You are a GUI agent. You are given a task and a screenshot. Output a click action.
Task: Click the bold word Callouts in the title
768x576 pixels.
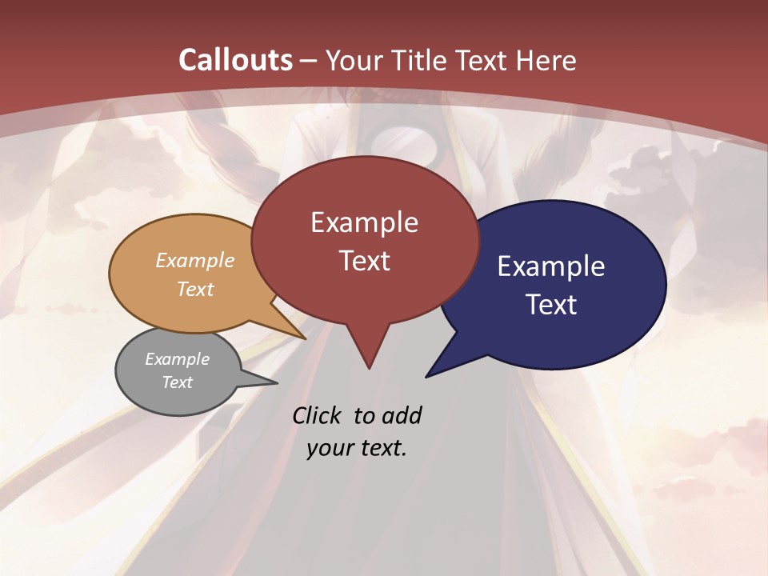pyautogui.click(x=235, y=60)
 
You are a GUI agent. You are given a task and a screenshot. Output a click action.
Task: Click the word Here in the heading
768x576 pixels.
pyautogui.click(x=546, y=60)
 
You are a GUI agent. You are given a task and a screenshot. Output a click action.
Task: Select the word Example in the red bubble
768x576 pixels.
pyautogui.click(x=364, y=222)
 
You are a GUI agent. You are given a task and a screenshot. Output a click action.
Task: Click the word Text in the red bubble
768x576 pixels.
pyautogui.click(x=364, y=261)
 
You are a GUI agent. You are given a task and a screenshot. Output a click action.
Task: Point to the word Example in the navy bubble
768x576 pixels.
pyautogui.click(x=551, y=266)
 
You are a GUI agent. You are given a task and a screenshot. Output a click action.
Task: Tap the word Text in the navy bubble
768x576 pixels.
pyautogui.click(x=551, y=305)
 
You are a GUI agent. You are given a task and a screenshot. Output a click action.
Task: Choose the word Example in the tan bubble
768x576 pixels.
pyautogui.click(x=195, y=261)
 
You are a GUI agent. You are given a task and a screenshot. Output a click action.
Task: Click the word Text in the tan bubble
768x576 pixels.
pyautogui.click(x=195, y=289)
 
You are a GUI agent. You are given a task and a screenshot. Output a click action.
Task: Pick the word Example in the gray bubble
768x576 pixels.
pyautogui.click(x=178, y=359)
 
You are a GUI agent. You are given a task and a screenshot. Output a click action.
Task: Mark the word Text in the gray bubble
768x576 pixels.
pyautogui.click(x=178, y=382)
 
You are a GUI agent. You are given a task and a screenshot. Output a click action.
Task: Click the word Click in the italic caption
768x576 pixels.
pyautogui.click(x=318, y=415)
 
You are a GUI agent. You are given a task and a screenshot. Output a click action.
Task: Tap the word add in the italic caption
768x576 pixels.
pyautogui.click(x=402, y=415)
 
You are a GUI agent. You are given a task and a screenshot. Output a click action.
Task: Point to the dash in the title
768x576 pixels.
pyautogui.click(x=309, y=61)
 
